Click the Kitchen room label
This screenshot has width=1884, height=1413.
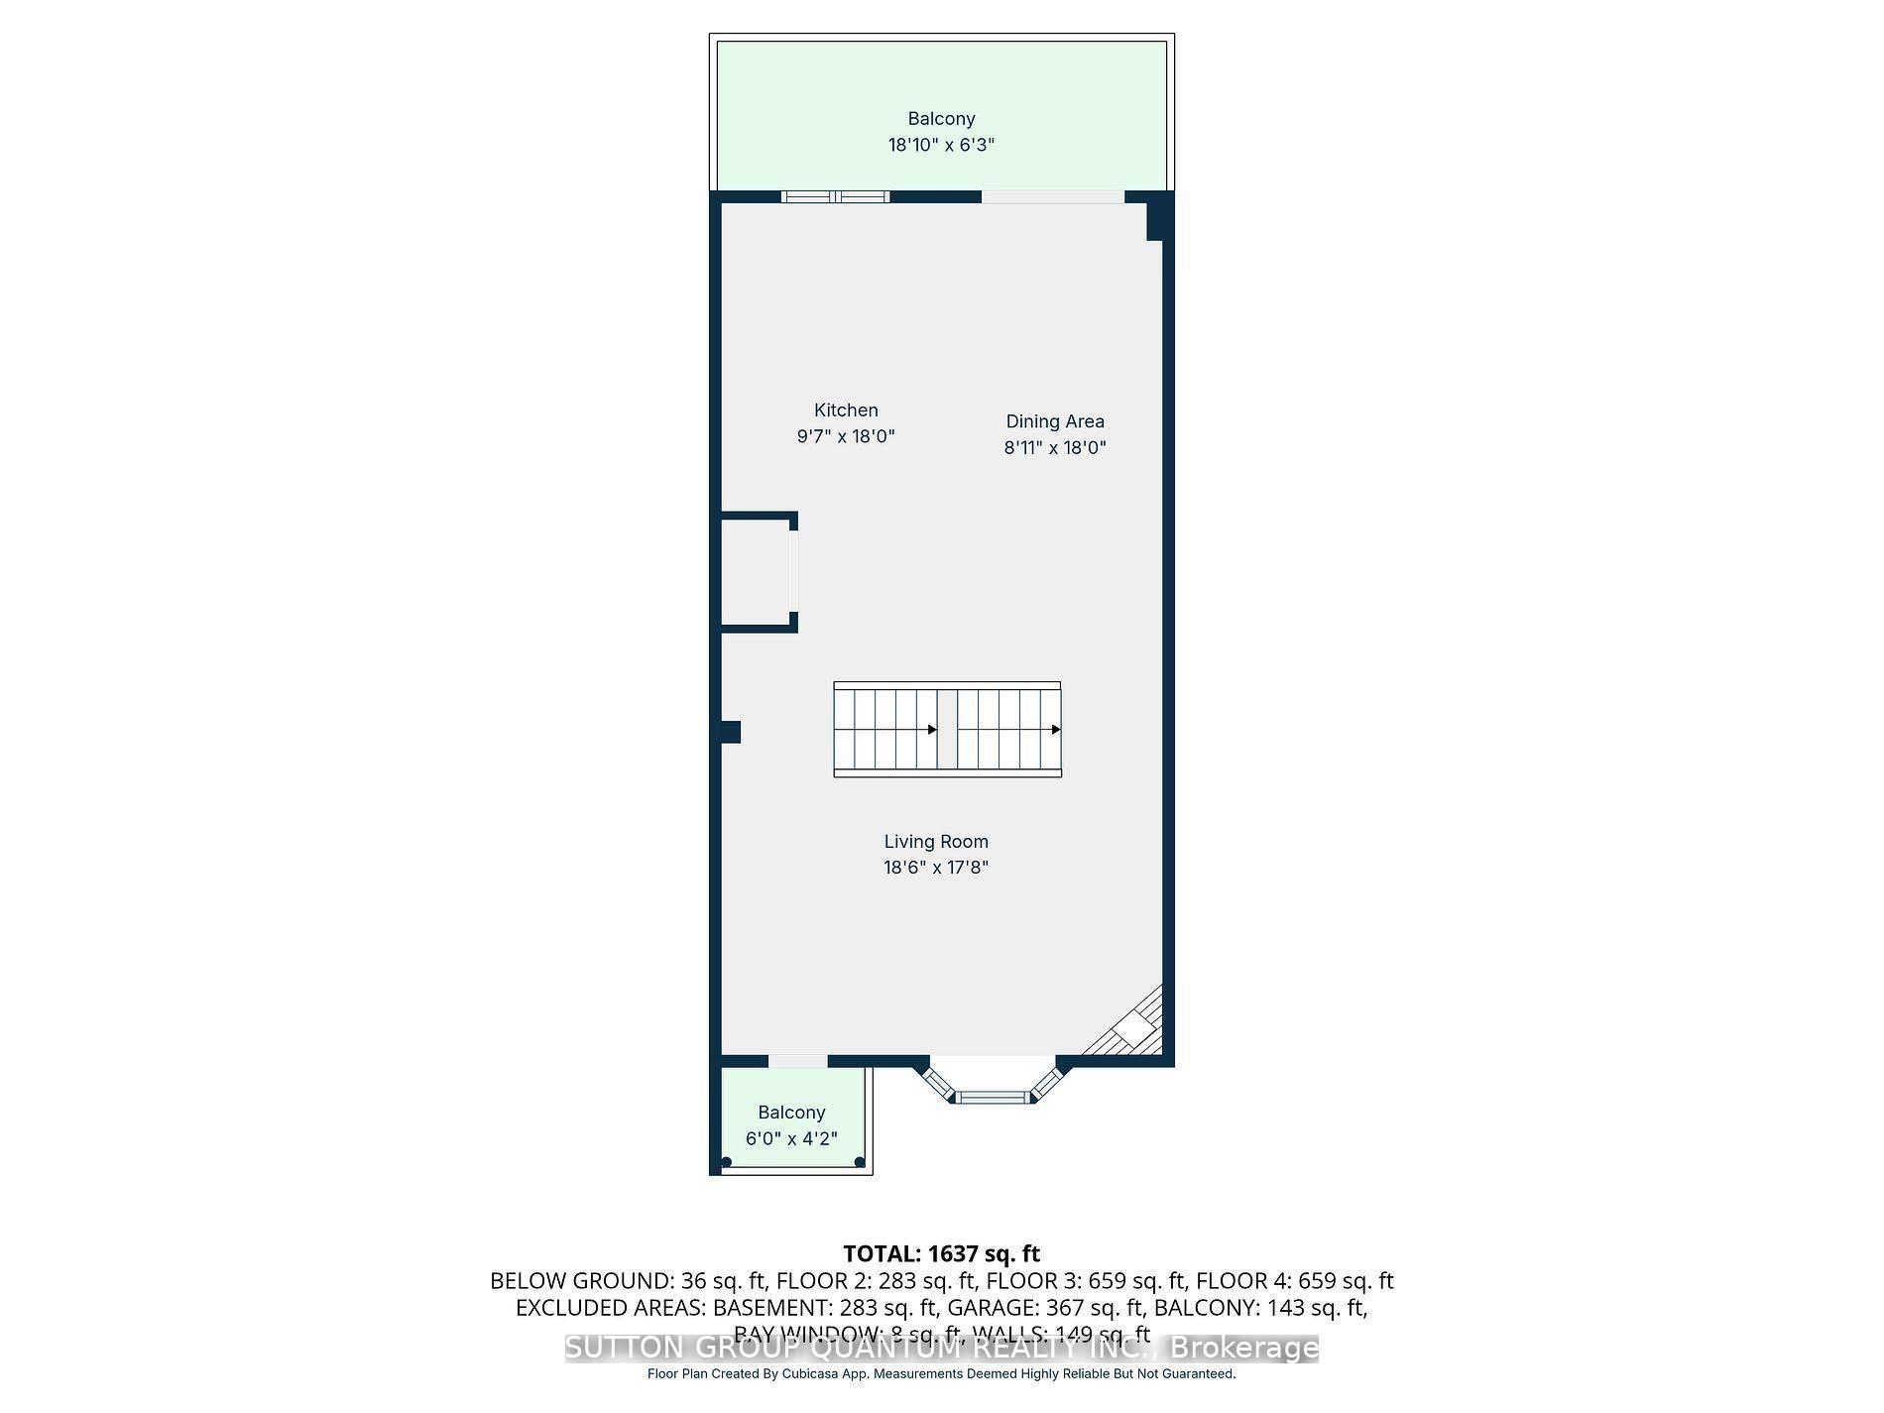click(x=846, y=410)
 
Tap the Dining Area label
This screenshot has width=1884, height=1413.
click(x=1054, y=421)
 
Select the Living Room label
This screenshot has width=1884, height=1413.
click(x=936, y=842)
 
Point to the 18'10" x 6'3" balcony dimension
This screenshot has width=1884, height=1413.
click(x=941, y=145)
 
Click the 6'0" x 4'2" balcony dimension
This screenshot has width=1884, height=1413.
click(x=791, y=1138)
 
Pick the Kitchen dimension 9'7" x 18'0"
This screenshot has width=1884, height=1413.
click(x=846, y=436)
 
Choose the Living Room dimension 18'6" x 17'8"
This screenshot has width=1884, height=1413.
click(x=936, y=868)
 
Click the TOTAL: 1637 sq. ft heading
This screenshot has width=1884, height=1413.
click(x=941, y=1253)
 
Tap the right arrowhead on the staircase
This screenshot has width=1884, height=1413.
click(x=1056, y=730)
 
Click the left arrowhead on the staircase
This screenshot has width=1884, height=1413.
click(x=932, y=730)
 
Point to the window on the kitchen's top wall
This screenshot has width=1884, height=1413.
click(x=835, y=196)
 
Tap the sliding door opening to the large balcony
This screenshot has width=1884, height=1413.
click(x=1052, y=196)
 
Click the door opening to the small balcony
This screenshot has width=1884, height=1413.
click(x=797, y=1061)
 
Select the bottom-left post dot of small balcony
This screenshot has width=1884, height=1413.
click(x=727, y=1162)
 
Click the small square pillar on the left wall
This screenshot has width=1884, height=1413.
click(x=731, y=732)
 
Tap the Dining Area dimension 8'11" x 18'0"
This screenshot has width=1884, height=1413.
click(x=1054, y=447)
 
